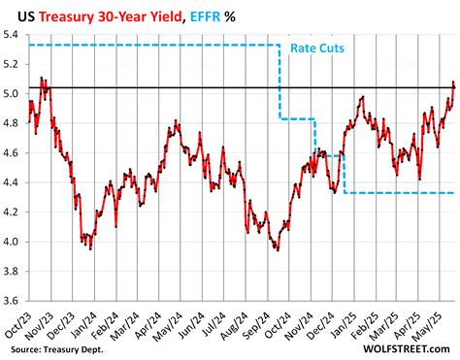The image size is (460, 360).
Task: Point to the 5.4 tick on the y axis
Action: coord(14,34)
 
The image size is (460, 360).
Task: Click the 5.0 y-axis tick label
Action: coord(14,94)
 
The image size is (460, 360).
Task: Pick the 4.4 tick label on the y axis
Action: coord(14,182)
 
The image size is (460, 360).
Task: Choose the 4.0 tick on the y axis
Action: coord(14,242)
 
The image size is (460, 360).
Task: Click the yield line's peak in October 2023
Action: coord(42,78)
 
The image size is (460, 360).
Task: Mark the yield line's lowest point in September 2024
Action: coord(278,250)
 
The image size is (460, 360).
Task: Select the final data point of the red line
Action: coord(453,86)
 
